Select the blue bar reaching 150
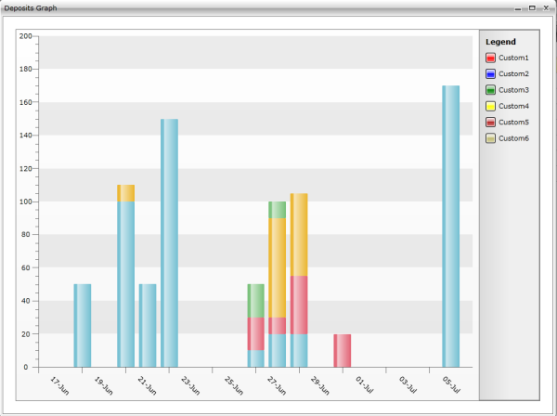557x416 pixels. point(169,242)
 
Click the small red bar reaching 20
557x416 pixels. point(342,350)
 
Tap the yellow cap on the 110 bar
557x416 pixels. point(125,193)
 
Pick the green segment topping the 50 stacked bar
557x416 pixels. point(255,300)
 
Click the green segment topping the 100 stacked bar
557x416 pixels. point(277,210)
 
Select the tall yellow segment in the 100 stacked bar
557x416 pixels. point(277,267)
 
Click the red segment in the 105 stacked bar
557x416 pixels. point(298,305)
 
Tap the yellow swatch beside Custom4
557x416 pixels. point(490,106)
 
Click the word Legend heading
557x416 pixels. point(500,42)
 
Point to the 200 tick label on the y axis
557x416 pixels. point(25,36)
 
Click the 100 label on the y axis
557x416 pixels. point(25,201)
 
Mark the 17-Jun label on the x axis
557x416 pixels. point(58,383)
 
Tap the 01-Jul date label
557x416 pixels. point(363,383)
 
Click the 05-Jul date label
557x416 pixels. point(450,383)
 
